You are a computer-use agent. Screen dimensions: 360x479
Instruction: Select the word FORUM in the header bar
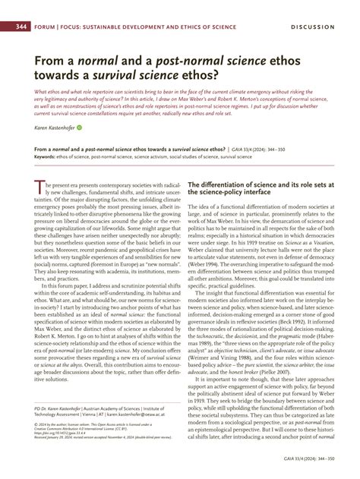[x=45, y=27]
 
